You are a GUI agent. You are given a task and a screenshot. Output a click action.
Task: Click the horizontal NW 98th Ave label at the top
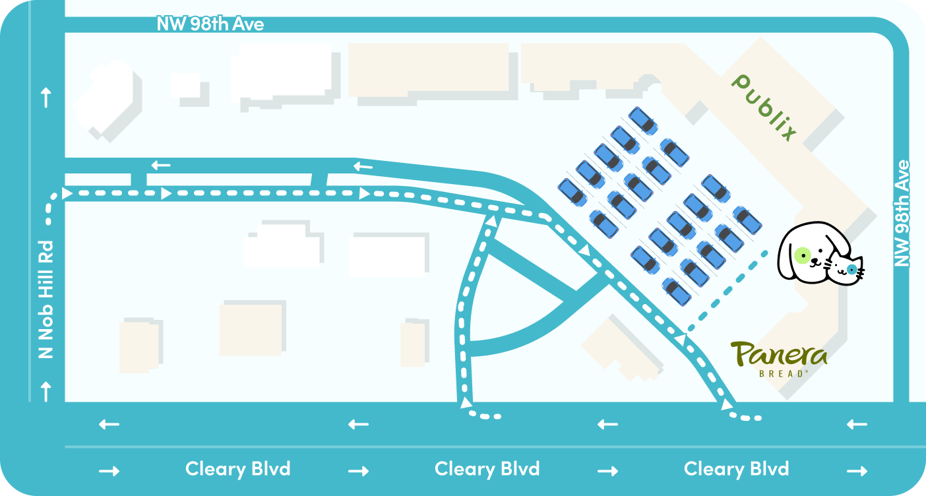tap(210, 24)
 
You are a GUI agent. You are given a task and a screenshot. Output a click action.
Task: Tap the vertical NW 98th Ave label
tap(902, 213)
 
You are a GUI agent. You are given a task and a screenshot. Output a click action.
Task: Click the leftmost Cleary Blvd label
tap(237, 469)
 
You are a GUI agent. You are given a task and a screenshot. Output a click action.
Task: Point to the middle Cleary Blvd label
tap(487, 469)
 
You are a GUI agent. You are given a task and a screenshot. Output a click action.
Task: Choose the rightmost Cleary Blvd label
tap(736, 469)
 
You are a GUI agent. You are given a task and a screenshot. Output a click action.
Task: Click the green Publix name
tap(765, 107)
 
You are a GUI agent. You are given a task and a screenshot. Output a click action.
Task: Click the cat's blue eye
tap(852, 269)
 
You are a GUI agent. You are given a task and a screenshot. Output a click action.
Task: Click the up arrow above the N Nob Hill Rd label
tap(46, 99)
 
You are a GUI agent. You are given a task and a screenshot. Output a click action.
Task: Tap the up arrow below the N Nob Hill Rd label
tap(46, 391)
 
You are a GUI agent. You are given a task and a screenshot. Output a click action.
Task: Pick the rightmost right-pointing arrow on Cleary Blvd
tap(857, 471)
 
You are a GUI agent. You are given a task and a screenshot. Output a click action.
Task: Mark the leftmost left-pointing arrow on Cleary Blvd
tap(109, 424)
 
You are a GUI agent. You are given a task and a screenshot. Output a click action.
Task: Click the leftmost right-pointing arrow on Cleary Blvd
tap(109, 471)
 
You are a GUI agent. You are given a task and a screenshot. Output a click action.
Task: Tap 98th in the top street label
tap(215, 24)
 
